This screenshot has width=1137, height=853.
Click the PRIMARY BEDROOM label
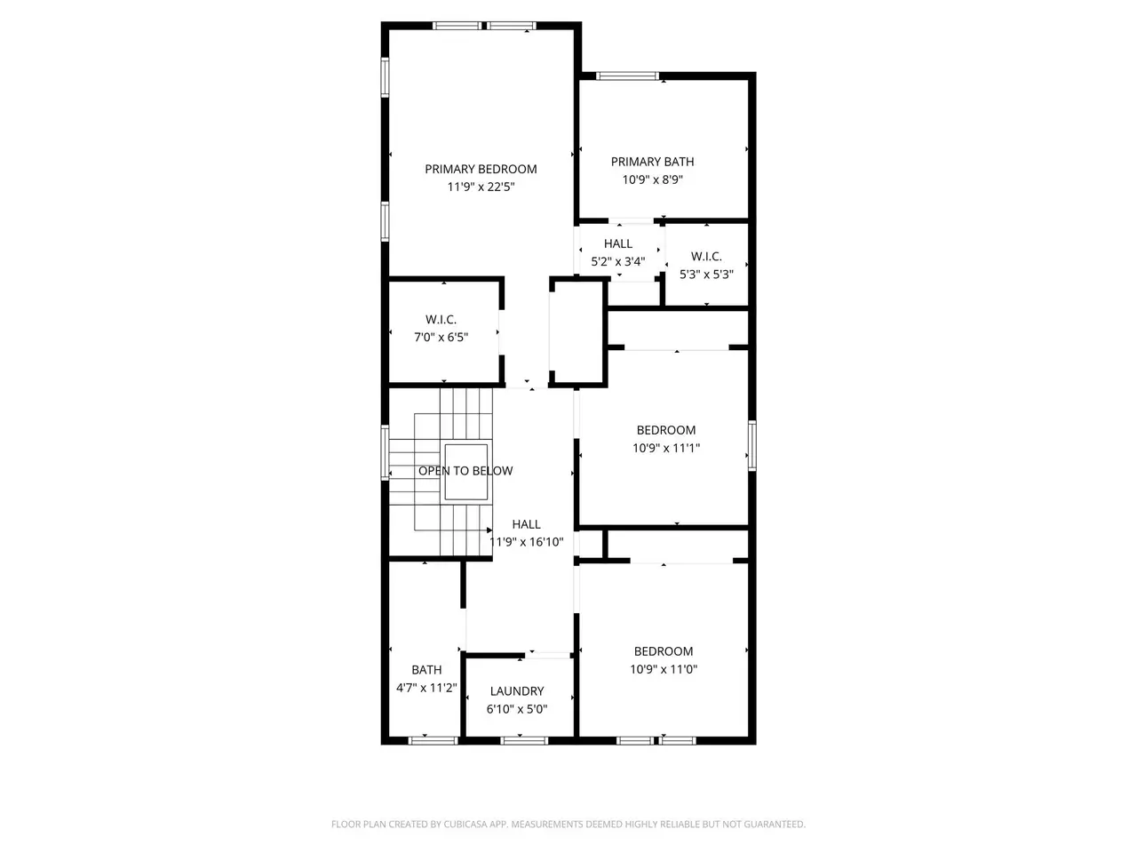coord(481,170)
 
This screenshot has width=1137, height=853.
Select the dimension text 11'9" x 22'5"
coord(481,187)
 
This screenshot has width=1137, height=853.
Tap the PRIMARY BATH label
coord(652,162)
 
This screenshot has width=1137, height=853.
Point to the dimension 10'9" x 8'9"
coord(652,179)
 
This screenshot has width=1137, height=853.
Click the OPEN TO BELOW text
coord(465,471)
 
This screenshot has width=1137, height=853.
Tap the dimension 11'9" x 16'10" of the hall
coord(526,542)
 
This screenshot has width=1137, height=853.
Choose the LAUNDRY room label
coord(517,691)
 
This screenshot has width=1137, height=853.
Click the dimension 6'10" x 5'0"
coord(516,709)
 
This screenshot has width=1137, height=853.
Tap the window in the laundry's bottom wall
coord(524,741)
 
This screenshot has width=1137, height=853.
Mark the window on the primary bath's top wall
coord(627,76)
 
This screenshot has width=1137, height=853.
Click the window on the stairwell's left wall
coord(385,452)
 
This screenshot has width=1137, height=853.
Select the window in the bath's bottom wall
coord(433,741)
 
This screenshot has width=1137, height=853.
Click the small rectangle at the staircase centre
coord(465,472)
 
